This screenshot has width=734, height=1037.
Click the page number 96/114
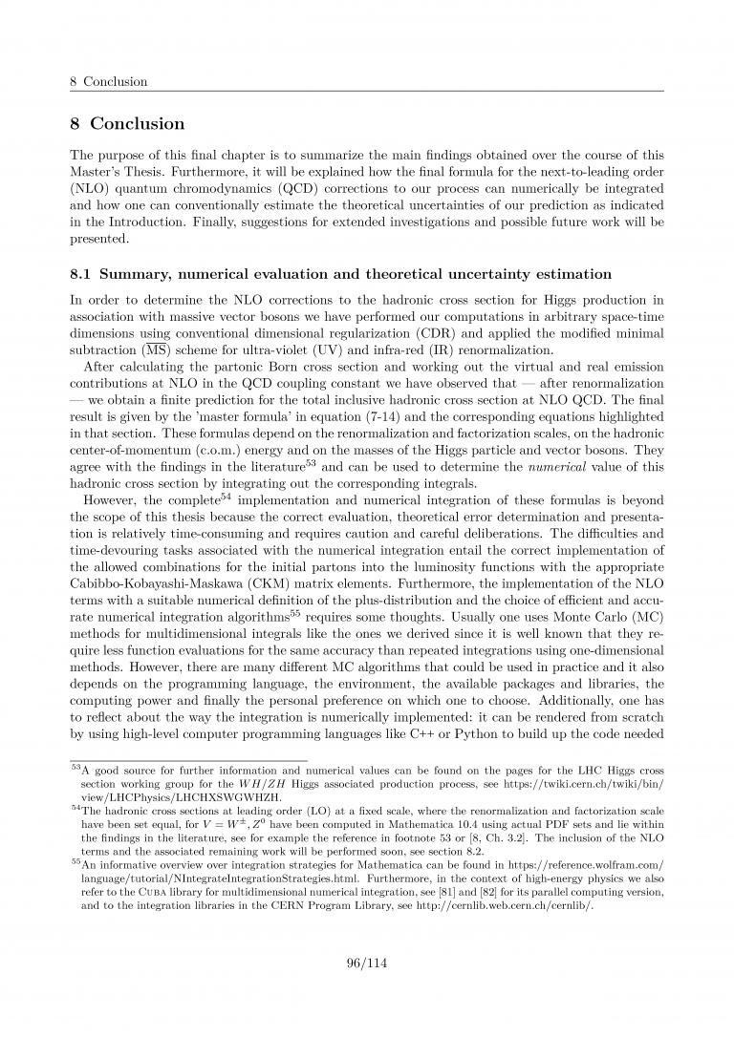(367, 963)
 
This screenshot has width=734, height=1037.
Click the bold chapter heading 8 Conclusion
(127, 124)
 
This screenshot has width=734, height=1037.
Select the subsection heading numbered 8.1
(341, 274)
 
